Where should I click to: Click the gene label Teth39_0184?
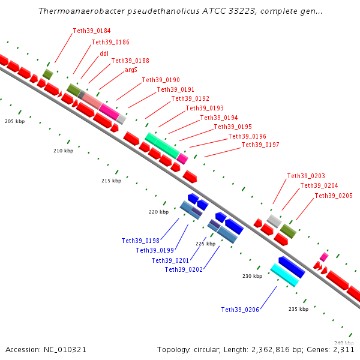click(x=92, y=31)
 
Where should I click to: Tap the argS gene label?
click(x=131, y=70)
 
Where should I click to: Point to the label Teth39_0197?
click(x=260, y=145)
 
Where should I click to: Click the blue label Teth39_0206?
click(x=240, y=310)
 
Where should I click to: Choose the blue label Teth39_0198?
click(x=140, y=241)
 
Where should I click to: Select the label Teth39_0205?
click(x=334, y=196)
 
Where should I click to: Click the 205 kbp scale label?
click(x=14, y=121)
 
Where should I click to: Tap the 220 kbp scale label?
click(x=159, y=212)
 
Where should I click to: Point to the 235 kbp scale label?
click(x=298, y=309)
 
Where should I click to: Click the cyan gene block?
click(x=284, y=275)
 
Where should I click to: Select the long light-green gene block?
click(x=161, y=146)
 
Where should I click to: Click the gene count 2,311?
click(x=342, y=349)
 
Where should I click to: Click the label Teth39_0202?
click(x=184, y=269)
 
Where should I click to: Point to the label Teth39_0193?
click(x=205, y=108)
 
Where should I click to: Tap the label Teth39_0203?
click(x=306, y=176)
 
